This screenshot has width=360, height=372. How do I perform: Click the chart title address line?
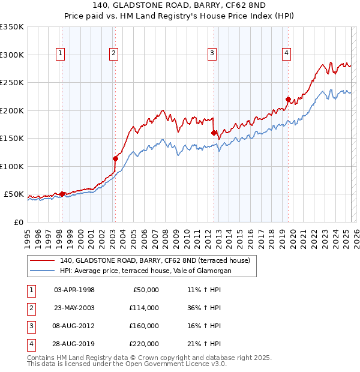pyautogui.click(x=180, y=5)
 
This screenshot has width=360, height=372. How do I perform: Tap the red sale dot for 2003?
pyautogui.click(x=115, y=159)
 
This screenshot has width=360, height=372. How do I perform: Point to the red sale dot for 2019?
pyautogui.click(x=288, y=100)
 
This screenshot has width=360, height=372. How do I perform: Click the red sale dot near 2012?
pyautogui.click(x=214, y=133)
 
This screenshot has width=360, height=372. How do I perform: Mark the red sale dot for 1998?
pyautogui.click(x=62, y=194)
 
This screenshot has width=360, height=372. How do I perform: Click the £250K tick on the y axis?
pyautogui.click(x=12, y=83)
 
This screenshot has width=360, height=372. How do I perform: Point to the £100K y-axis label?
pyautogui.click(x=12, y=166)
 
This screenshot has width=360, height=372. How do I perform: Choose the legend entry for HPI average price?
pyautogui.click(x=145, y=271)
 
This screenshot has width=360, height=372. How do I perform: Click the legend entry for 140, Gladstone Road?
pyautogui.click(x=158, y=260)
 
